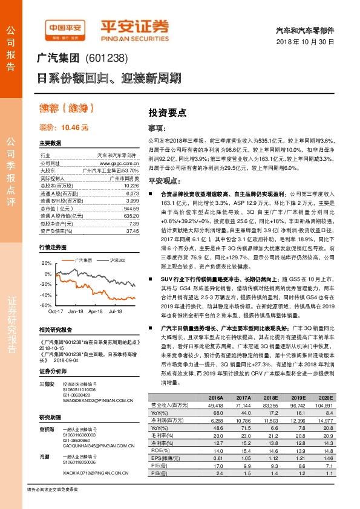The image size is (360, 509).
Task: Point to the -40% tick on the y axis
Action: tap(46, 294)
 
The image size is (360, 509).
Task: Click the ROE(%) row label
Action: tap(159, 451)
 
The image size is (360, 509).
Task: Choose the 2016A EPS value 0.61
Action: tap(216, 459)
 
